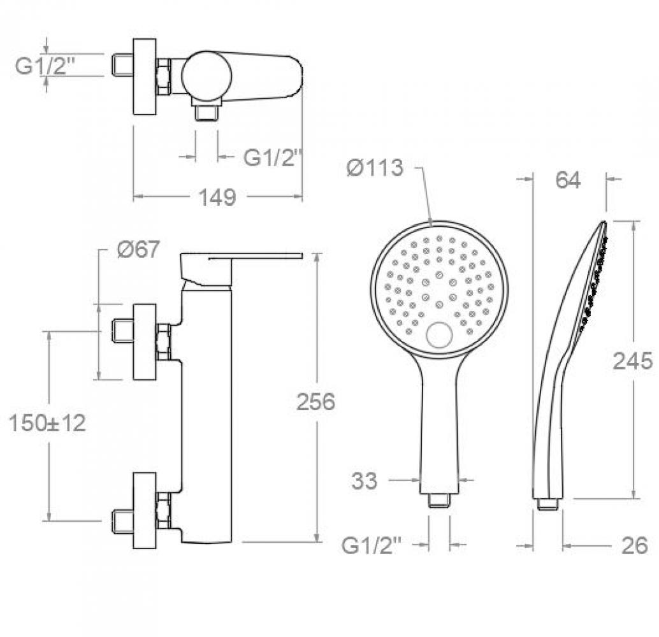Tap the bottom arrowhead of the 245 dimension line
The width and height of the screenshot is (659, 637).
[634, 494]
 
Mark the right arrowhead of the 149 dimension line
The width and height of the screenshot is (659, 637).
[298, 196]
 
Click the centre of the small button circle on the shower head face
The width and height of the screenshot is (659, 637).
[439, 334]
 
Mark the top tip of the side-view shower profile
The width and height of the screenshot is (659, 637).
[604, 222]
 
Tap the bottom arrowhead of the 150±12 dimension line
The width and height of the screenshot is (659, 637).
[50, 517]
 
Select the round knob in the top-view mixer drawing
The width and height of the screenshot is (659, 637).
[206, 76]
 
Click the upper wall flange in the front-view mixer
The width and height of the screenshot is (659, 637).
[145, 341]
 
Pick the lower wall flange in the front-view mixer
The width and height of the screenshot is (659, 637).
[145, 510]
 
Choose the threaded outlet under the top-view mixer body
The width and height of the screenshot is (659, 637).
[206, 113]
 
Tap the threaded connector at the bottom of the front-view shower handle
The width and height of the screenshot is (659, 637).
[439, 500]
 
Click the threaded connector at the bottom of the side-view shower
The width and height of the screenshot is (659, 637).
[548, 504]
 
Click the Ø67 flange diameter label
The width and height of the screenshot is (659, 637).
[138, 249]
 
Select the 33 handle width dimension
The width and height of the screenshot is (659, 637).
[365, 481]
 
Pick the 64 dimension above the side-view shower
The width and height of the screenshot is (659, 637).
[568, 180]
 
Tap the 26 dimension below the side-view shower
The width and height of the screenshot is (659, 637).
[635, 546]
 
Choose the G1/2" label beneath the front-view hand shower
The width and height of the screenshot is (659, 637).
[372, 546]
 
